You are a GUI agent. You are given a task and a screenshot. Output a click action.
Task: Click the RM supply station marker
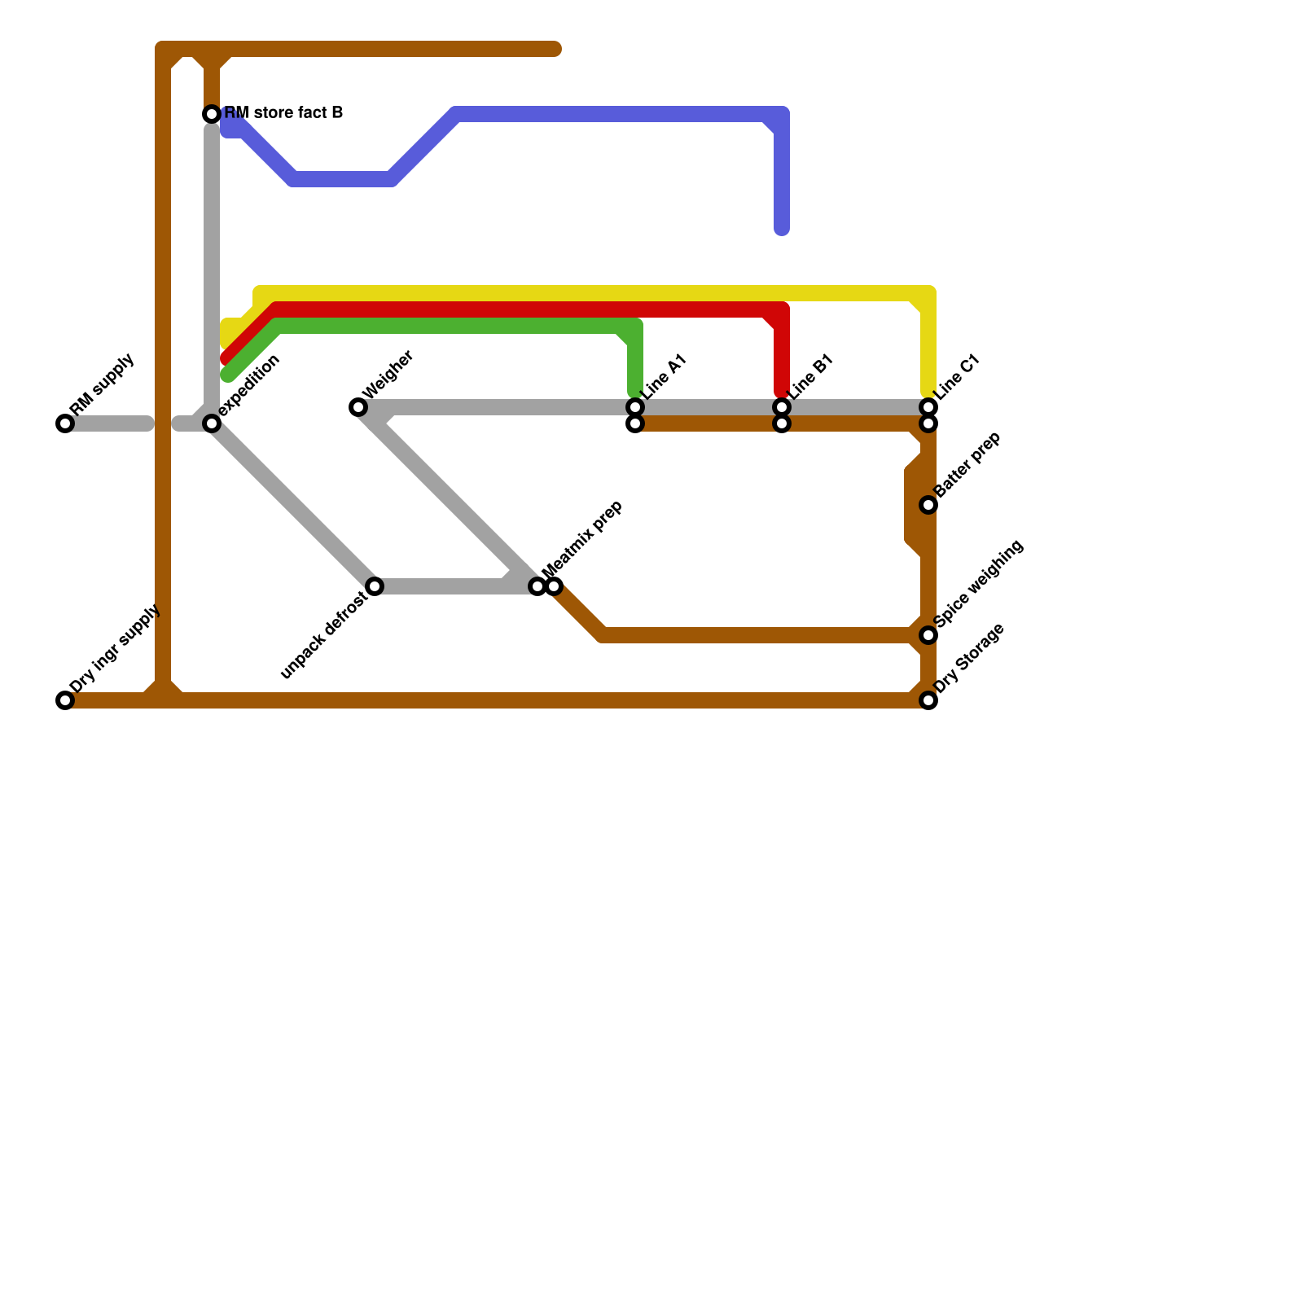click(x=65, y=423)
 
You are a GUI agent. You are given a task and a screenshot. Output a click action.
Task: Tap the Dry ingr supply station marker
click(x=65, y=700)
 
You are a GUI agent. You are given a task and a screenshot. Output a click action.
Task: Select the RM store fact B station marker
click(x=212, y=114)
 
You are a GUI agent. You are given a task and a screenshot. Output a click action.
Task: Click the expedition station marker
click(x=212, y=423)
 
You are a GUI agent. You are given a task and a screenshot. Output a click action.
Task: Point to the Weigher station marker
click(x=358, y=407)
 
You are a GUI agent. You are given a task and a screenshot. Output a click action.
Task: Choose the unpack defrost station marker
click(x=375, y=586)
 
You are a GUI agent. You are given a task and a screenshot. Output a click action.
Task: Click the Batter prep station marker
click(x=928, y=505)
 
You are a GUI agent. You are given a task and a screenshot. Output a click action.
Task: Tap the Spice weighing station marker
click(x=928, y=635)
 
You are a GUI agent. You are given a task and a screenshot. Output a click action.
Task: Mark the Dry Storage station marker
click(x=928, y=700)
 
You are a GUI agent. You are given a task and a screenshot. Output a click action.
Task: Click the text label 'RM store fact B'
click(x=283, y=112)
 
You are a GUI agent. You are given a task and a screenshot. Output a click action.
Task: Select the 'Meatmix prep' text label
click(x=582, y=540)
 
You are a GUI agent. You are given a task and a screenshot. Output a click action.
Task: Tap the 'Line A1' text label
click(x=665, y=377)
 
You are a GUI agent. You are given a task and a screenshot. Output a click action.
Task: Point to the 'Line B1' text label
click(x=811, y=377)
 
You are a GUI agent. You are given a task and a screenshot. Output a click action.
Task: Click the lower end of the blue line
click(x=782, y=230)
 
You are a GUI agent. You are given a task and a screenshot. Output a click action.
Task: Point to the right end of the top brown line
click(x=556, y=50)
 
